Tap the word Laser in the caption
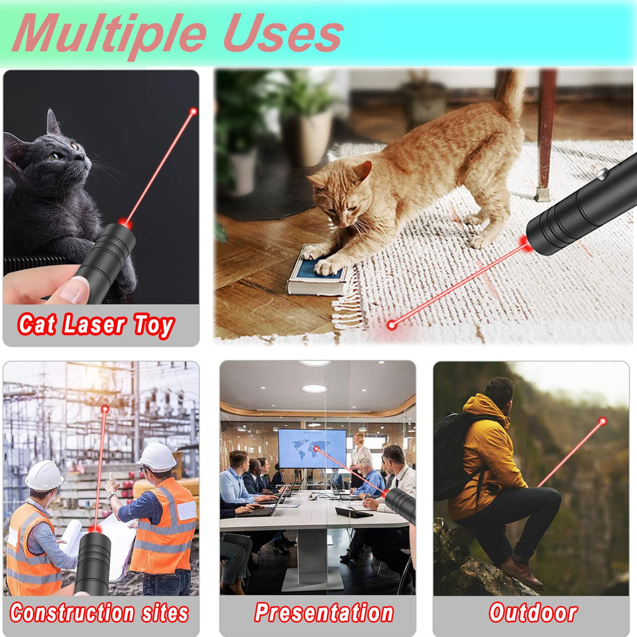coord(94,325)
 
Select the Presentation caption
coord(324,612)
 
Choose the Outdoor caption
coord(533,612)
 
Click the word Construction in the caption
coord(72,613)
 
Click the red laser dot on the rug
coord(392,325)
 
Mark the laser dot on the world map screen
coord(316,448)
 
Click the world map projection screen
coord(312,448)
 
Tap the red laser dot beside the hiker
coord(603,421)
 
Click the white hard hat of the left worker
coord(44,475)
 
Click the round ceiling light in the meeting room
coord(314,389)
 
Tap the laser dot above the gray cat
coord(194,111)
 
